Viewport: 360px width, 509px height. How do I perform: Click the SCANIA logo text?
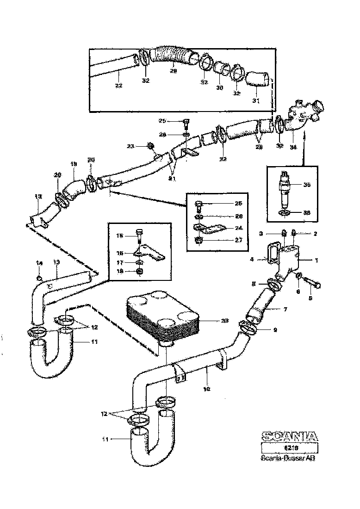coord(290,436)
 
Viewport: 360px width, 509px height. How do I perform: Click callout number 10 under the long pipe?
coord(207,389)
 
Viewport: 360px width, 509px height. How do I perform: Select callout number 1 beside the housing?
coord(317,261)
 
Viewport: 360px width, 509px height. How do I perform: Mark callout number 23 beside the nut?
coord(130,146)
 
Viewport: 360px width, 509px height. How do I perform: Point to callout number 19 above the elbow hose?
coord(73,164)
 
